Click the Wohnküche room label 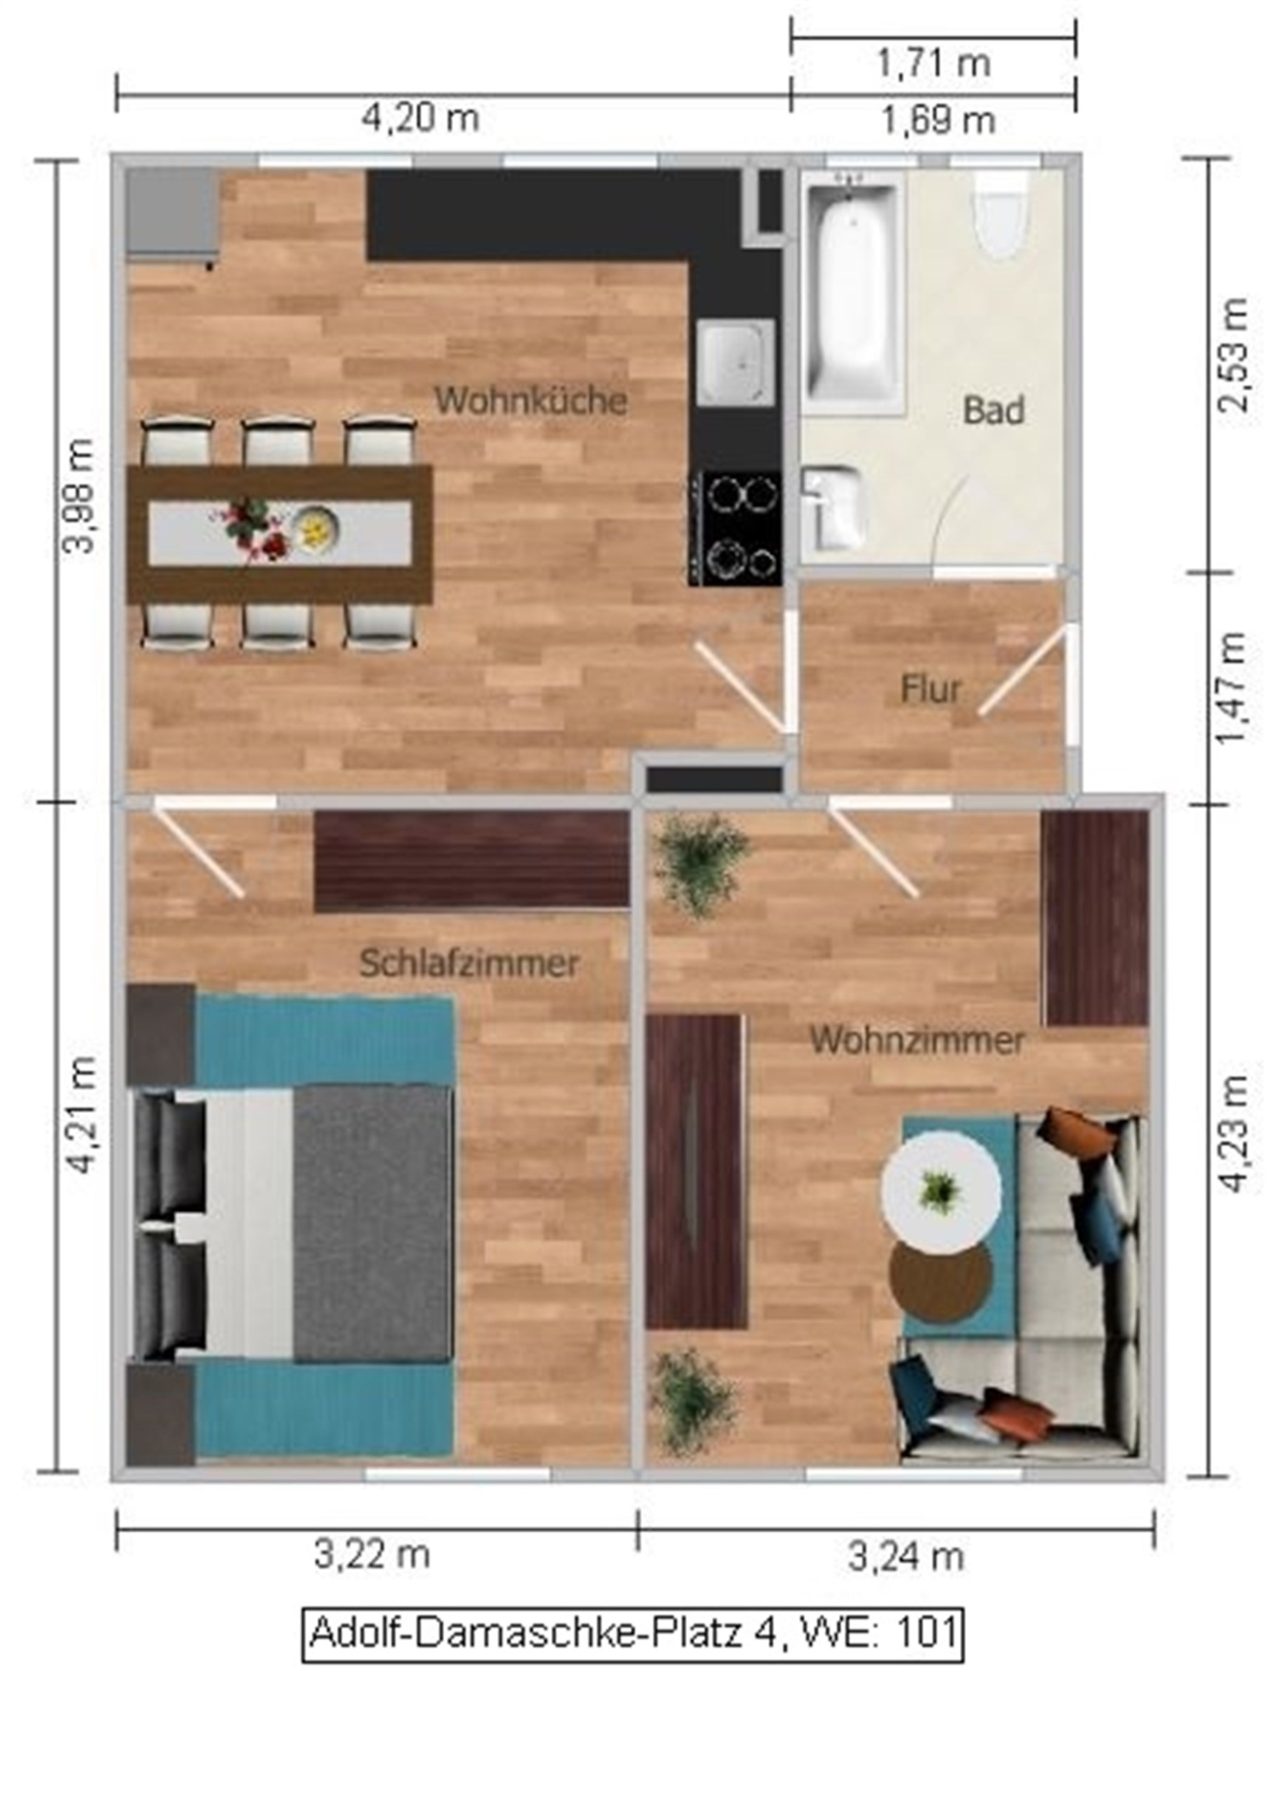coord(531,401)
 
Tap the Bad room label coord(994,411)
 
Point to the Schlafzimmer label coord(469,963)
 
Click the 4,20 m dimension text coord(421,119)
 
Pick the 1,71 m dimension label coord(933,63)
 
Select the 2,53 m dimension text coord(1232,355)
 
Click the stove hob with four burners coord(735,528)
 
